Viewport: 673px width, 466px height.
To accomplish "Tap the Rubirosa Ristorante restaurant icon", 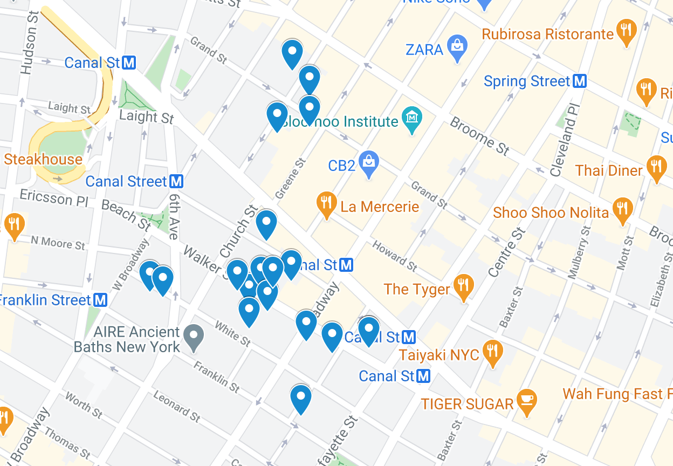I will coord(626,32).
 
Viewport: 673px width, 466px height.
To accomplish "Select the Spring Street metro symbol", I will coord(579,81).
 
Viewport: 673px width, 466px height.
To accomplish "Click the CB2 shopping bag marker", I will coord(369,163).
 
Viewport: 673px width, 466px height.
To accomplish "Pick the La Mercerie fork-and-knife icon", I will coord(326,204).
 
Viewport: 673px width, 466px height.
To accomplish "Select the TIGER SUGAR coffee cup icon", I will coord(526,401).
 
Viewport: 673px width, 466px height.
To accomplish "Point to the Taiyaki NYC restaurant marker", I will coord(492,352).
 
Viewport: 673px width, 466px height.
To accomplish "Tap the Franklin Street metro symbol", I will coord(100,300).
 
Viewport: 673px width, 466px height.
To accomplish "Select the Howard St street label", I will coord(394,256).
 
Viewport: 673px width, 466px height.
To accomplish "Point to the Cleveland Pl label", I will coord(564,139).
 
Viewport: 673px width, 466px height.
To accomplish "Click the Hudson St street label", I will coord(29,43).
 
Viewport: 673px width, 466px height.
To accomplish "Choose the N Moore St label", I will coord(58,243).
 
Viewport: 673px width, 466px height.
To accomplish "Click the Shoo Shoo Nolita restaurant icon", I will coord(622,210).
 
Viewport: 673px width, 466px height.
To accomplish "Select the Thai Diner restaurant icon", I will coord(656,168).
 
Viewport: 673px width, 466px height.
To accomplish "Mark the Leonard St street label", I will coord(177,406).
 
